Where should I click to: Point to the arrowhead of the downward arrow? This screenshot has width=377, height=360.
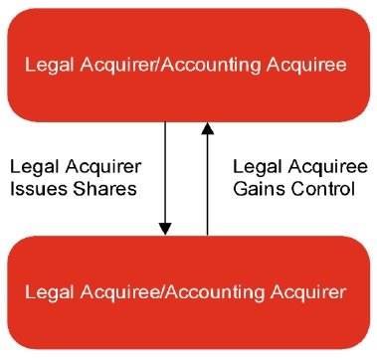164,229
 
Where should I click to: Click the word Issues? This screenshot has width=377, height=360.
41,185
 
